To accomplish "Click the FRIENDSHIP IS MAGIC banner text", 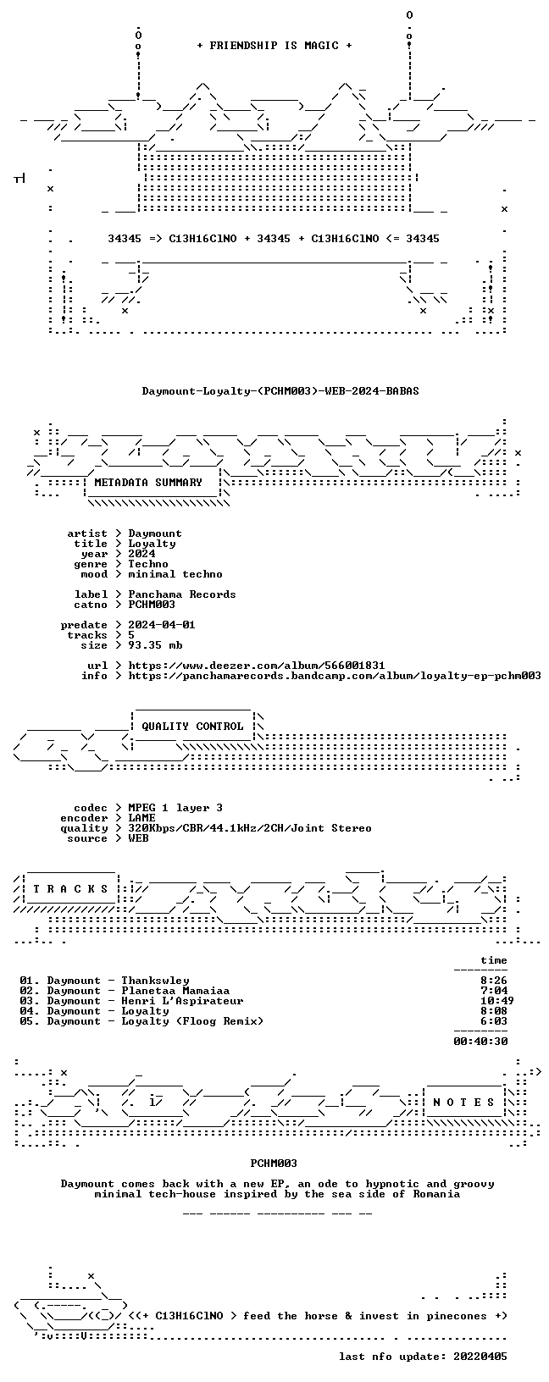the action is [x=274, y=46].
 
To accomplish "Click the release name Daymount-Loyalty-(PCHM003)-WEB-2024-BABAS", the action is [x=280, y=390].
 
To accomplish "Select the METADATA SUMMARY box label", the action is [x=148, y=483].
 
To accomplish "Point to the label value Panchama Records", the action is [x=182, y=594].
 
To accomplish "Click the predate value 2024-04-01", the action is [x=162, y=624].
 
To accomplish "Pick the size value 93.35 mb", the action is [x=155, y=644].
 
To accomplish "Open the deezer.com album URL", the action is [x=256, y=665].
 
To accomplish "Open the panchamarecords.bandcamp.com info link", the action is [x=335, y=676].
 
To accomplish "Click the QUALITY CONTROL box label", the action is [x=192, y=727].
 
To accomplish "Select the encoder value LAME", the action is [x=142, y=818].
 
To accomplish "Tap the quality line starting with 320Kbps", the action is [x=250, y=828].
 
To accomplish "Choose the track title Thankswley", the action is [x=155, y=981].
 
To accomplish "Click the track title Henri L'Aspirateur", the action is [x=182, y=1001].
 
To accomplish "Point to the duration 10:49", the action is [x=497, y=1001].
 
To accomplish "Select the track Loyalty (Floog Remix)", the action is [x=192, y=1021].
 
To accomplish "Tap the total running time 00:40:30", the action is [x=480, y=1042].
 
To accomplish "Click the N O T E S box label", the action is [x=463, y=1103].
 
